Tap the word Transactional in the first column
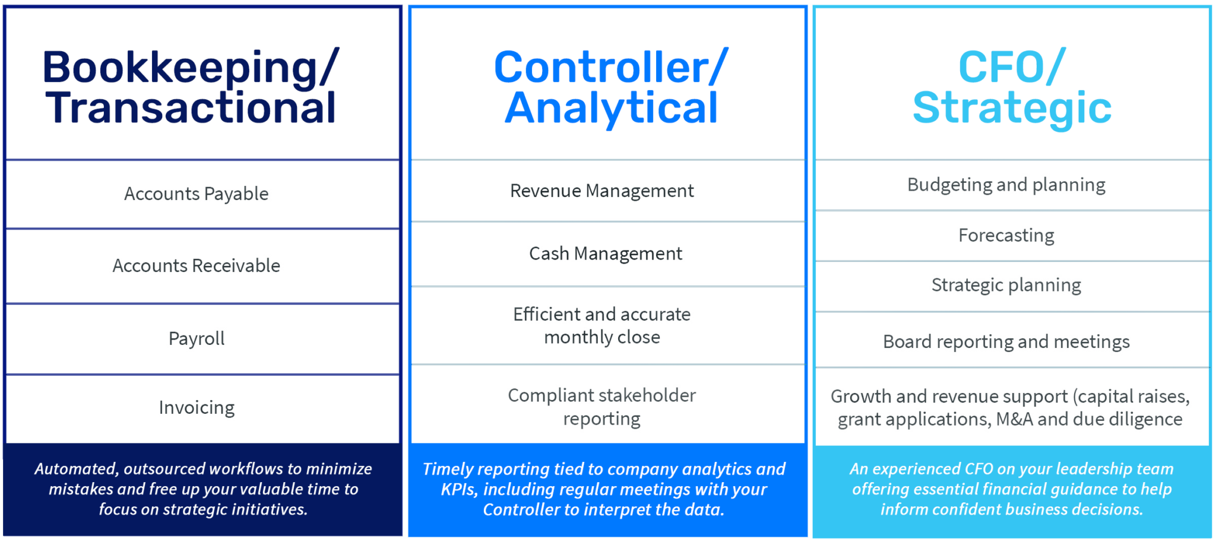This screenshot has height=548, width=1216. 191,108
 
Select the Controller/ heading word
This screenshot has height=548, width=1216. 611,67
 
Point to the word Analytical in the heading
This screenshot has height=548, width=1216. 611,109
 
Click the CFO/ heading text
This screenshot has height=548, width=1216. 1012,67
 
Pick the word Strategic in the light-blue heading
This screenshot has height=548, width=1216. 1012,109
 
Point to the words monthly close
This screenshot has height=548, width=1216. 602,337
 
